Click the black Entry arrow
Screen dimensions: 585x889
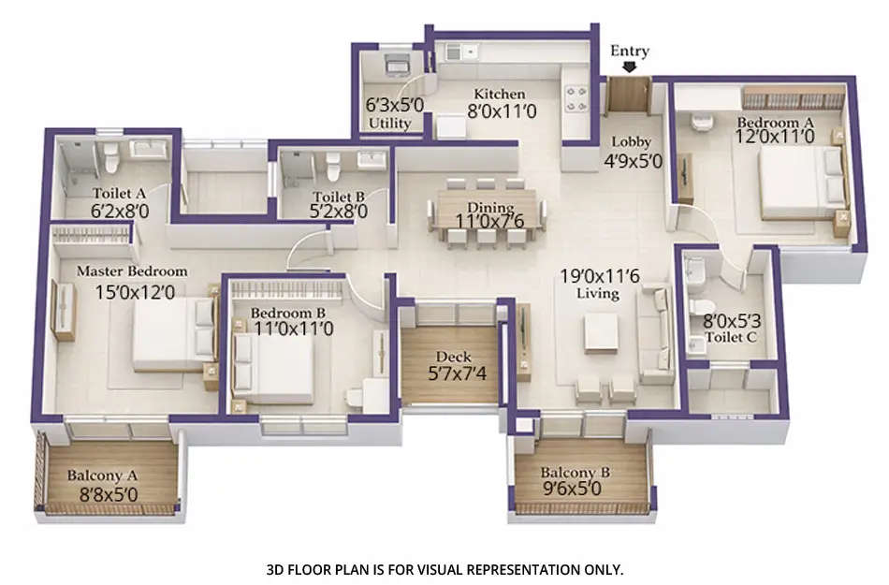629,67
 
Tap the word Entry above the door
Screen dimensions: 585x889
629,51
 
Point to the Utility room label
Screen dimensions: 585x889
388,124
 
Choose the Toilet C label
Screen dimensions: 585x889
730,336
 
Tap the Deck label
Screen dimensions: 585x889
453,358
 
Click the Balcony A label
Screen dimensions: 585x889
98,475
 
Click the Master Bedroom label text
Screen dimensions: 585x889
131,271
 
